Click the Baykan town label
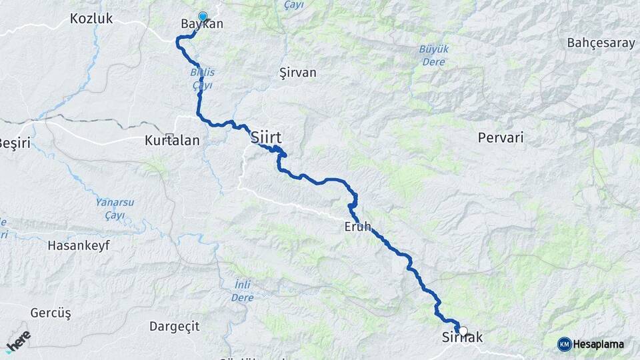(x=201, y=25)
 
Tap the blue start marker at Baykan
(x=203, y=17)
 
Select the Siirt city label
(x=266, y=138)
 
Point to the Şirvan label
(x=297, y=73)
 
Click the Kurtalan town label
(x=167, y=141)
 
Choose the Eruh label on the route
(x=357, y=226)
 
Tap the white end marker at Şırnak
(x=462, y=329)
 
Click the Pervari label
(x=501, y=138)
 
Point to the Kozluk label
(x=91, y=19)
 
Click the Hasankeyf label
(x=78, y=245)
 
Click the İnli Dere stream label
(x=243, y=291)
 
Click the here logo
(x=18, y=341)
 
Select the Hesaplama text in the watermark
(x=598, y=345)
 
